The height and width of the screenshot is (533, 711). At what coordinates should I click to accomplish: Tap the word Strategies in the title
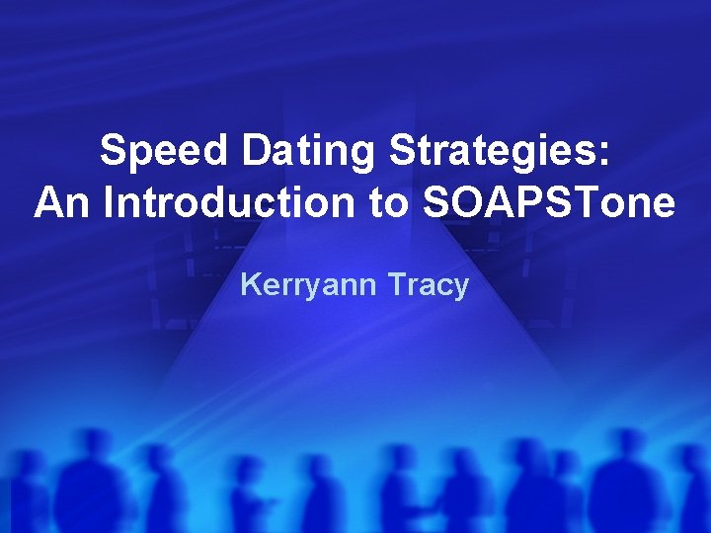pos(494,152)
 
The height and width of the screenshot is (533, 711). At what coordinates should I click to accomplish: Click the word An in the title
pos(64,203)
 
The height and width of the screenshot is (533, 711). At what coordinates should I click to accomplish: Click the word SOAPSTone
pos(547,203)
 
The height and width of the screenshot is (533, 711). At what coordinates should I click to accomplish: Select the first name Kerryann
pos(301,286)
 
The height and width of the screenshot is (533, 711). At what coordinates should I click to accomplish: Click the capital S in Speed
pos(114,152)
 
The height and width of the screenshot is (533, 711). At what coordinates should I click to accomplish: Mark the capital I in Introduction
pos(108,203)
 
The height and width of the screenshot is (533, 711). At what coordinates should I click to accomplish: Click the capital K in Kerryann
pos(251,285)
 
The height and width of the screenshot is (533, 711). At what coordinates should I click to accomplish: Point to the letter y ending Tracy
pos(459,289)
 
